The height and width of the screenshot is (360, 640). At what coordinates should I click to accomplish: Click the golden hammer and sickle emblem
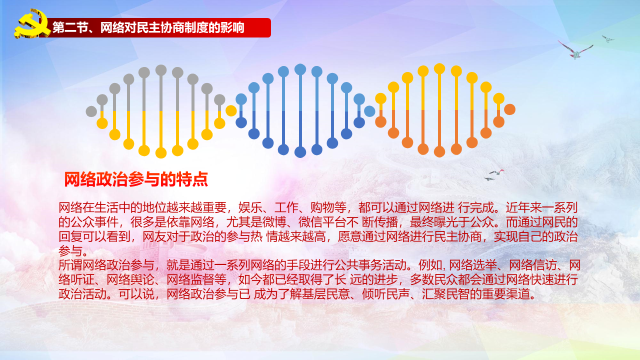tap(32, 23)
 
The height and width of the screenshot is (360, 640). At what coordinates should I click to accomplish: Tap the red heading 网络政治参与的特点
tap(136, 179)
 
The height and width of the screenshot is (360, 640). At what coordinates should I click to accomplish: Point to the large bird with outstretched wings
tap(575, 49)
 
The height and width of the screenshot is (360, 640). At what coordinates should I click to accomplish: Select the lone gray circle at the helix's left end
tap(91, 111)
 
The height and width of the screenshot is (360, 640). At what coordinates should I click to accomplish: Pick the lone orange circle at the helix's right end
tap(509, 109)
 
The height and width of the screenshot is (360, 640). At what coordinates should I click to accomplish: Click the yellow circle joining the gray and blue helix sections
tap(231, 111)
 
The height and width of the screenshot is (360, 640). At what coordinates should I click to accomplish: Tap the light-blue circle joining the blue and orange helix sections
tap(369, 111)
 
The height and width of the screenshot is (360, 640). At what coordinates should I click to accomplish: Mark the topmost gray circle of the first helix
tap(161, 70)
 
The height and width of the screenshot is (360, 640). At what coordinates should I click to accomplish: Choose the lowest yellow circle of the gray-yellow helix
tap(161, 152)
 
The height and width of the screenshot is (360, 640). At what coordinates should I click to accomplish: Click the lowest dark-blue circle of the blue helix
tap(300, 152)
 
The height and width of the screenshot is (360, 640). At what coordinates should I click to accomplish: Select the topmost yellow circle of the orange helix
tap(439, 69)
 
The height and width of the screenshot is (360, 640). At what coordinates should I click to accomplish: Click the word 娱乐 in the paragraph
tap(250, 207)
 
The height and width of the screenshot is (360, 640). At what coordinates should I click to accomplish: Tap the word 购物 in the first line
tap(322, 207)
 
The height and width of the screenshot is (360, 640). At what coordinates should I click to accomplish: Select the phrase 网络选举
tap(473, 265)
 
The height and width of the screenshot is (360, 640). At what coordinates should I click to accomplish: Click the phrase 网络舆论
tap(130, 279)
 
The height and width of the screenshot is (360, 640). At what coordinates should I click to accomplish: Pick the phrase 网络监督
tap(190, 279)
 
